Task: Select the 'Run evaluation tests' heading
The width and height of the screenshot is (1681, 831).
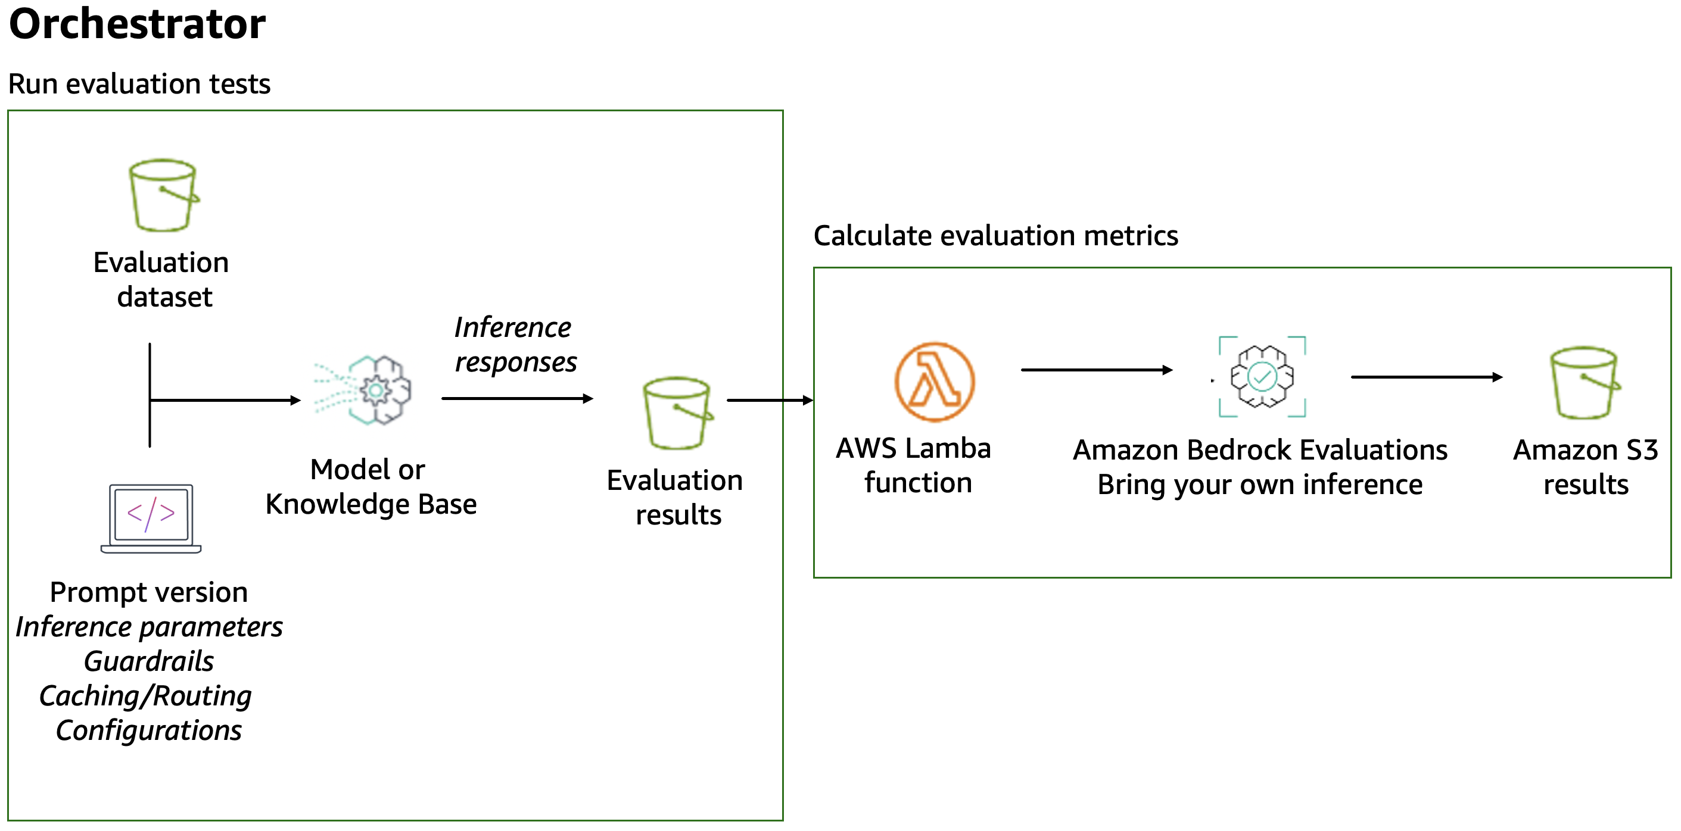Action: point(139,84)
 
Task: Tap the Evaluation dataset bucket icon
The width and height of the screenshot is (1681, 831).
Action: point(163,195)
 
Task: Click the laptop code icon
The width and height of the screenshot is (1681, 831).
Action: point(151,518)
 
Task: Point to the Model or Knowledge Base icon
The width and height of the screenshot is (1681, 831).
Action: point(365,390)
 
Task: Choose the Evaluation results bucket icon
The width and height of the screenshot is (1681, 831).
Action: point(677,413)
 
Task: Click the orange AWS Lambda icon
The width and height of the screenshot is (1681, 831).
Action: point(934,382)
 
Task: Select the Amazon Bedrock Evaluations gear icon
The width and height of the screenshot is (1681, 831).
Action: point(1262,377)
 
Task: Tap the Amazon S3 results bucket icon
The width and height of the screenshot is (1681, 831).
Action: point(1585,383)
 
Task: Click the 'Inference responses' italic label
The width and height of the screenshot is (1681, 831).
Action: point(514,345)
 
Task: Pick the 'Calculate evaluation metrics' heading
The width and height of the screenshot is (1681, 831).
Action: point(995,236)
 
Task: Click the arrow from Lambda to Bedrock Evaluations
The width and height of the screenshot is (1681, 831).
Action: point(1095,370)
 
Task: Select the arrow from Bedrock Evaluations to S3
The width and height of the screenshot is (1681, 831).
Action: point(1426,377)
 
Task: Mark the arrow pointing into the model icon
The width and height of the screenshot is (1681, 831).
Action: point(225,400)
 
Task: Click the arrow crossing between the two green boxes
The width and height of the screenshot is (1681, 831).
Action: point(770,400)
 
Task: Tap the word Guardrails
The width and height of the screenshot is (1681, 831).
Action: point(149,661)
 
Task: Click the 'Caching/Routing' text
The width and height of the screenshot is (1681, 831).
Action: point(145,696)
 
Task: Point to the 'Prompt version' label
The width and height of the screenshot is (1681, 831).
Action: point(149,592)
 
